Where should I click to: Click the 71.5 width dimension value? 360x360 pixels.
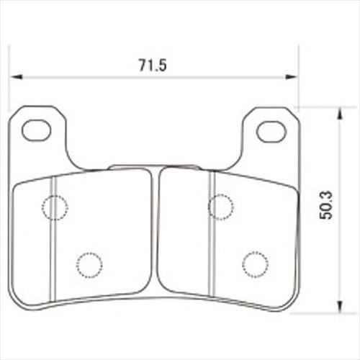(x=153, y=65)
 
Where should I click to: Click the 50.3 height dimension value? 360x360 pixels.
(x=326, y=205)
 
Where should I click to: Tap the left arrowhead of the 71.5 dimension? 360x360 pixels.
(x=17, y=77)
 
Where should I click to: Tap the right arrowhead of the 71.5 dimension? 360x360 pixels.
(x=291, y=77)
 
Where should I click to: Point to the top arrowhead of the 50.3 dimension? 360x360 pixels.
(x=339, y=114)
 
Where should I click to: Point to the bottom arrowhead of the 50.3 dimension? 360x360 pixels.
(x=339, y=306)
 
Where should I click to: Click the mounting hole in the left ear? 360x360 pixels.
(x=36, y=130)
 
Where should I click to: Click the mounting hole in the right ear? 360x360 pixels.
(x=271, y=132)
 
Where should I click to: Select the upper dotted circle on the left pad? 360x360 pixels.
(x=55, y=207)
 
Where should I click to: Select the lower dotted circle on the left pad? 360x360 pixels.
(x=89, y=265)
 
